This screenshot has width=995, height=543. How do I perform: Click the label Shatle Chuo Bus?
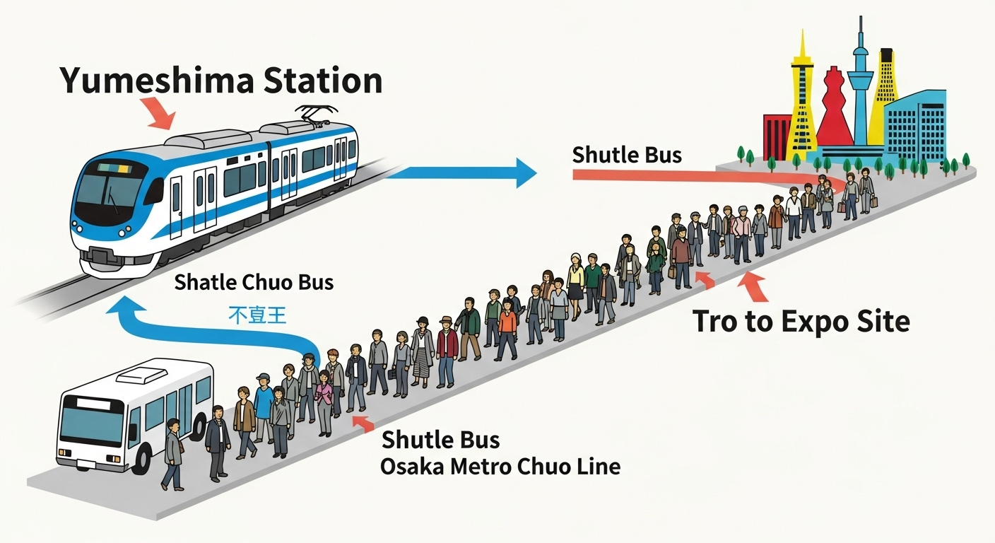254,282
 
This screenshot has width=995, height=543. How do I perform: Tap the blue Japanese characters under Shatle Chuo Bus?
257,314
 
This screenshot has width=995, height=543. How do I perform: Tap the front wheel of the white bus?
139,460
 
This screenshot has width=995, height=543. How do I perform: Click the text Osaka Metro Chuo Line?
500,467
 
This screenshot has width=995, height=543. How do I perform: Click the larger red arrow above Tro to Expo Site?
754,286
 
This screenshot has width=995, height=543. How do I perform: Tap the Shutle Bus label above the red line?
627,155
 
